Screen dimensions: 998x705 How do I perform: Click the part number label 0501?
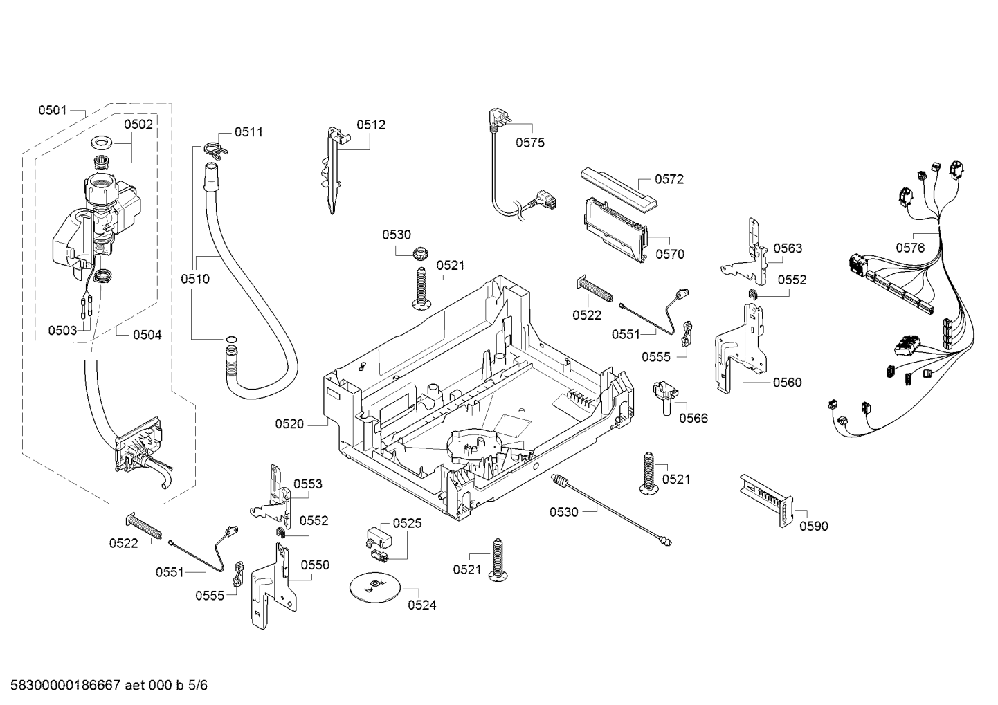click(53, 110)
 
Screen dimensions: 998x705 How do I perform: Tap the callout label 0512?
click(371, 125)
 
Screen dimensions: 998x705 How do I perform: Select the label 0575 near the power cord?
click(530, 143)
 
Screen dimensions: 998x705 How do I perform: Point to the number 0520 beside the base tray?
click(289, 424)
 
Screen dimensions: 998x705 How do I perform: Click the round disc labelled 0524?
click(375, 587)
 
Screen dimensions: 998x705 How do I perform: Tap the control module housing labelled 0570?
click(615, 230)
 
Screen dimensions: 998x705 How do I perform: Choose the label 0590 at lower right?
click(813, 526)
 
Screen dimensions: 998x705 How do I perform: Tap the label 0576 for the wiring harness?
click(910, 248)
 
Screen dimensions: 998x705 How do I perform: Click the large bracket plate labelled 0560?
click(740, 347)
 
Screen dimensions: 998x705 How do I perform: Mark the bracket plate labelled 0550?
click(273, 585)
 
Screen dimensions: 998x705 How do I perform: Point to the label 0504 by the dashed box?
click(147, 334)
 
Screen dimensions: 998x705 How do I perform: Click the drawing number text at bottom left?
click(109, 685)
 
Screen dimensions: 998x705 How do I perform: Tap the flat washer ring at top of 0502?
click(102, 143)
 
